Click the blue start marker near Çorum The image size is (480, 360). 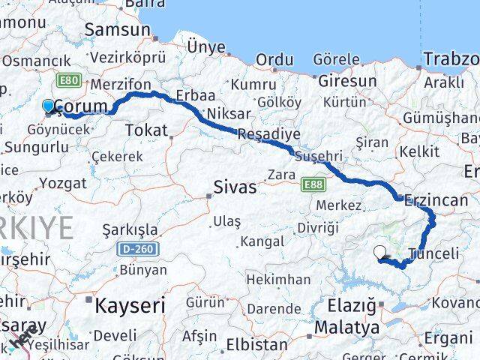click(x=49, y=106)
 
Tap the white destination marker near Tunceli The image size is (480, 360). click(x=380, y=253)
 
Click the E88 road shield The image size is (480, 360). click(x=313, y=183)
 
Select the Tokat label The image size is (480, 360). click(x=146, y=130)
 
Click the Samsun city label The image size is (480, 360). click(x=118, y=29)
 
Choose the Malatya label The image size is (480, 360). click(x=346, y=328)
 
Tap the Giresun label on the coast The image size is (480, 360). click(x=347, y=79)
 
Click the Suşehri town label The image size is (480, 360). click(x=318, y=156)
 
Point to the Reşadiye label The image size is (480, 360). click(x=268, y=134)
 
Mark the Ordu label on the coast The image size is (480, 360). click(x=274, y=59)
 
